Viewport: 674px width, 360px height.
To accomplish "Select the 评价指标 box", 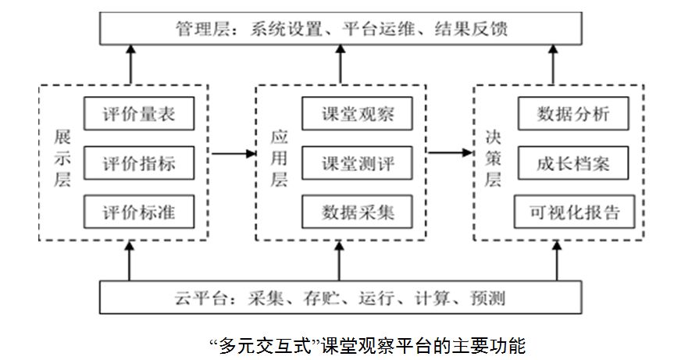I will [x=138, y=164].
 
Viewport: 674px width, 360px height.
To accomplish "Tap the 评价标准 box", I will [x=138, y=212].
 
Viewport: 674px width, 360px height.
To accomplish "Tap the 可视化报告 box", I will [x=572, y=212].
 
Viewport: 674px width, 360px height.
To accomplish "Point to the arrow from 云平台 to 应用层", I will [x=339, y=261].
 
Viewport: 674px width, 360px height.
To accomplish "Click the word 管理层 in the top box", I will [x=197, y=29].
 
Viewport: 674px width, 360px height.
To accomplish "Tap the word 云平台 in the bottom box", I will [x=194, y=298].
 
